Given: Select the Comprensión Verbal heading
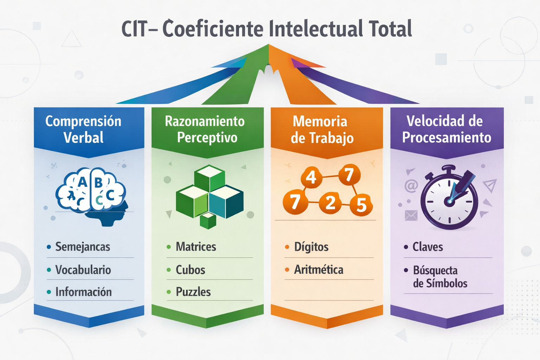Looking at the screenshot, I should tap(83, 129).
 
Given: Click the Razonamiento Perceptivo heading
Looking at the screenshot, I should tap(205, 129).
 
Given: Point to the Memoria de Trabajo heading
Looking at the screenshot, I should tap(321, 129).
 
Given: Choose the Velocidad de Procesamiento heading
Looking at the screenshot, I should tap(446, 129).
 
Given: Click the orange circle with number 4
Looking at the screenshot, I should tap(311, 176).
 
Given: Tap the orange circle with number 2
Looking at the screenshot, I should tap(330, 203).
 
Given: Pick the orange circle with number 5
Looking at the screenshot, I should tap(361, 205).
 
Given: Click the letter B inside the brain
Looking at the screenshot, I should tap(99, 182).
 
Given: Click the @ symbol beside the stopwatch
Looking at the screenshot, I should tap(411, 185).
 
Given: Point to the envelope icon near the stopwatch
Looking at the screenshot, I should tap(411, 215).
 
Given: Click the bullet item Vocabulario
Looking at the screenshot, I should tap(83, 270).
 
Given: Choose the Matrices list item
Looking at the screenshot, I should tap(196, 246).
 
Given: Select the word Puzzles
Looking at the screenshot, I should tap(193, 292).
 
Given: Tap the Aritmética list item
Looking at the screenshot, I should tap(319, 270).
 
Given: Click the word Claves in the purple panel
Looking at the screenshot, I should tap(427, 247).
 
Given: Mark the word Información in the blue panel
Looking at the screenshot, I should tap(83, 292).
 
